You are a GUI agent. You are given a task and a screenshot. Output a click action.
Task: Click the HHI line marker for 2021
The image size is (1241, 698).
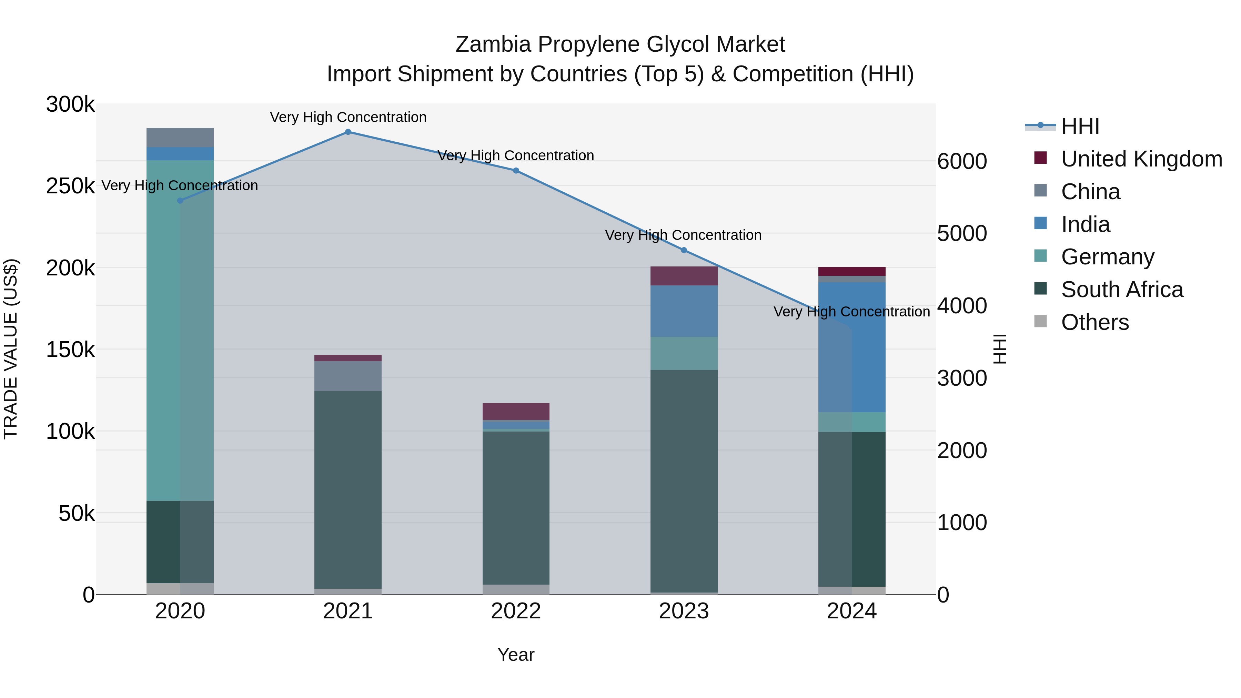[x=348, y=132]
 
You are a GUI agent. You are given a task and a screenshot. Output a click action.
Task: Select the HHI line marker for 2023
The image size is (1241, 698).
[x=684, y=250]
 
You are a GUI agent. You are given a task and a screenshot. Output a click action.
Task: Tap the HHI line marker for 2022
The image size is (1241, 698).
[x=516, y=171]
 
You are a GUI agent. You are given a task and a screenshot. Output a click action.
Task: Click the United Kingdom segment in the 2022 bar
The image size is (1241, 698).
[x=516, y=411]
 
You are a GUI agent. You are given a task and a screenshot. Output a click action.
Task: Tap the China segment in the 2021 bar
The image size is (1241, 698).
[x=348, y=376]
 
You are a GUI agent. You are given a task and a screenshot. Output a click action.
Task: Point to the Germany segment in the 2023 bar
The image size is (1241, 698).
[x=684, y=353]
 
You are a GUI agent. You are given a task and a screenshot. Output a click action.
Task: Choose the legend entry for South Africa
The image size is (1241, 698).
[x=1121, y=290]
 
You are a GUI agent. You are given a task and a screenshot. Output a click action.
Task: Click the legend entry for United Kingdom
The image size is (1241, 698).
[x=1141, y=159]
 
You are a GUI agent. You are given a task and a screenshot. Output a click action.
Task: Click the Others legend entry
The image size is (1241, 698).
[x=1094, y=322]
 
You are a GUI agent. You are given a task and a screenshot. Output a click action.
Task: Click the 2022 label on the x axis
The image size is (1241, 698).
[x=516, y=611]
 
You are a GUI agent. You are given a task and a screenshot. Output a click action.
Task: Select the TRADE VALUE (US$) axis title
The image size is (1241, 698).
[x=11, y=349]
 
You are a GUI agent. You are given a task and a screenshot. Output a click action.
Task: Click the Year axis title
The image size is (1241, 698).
[x=516, y=655]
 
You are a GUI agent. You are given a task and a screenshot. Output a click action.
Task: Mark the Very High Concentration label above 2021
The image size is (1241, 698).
[x=348, y=117]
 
